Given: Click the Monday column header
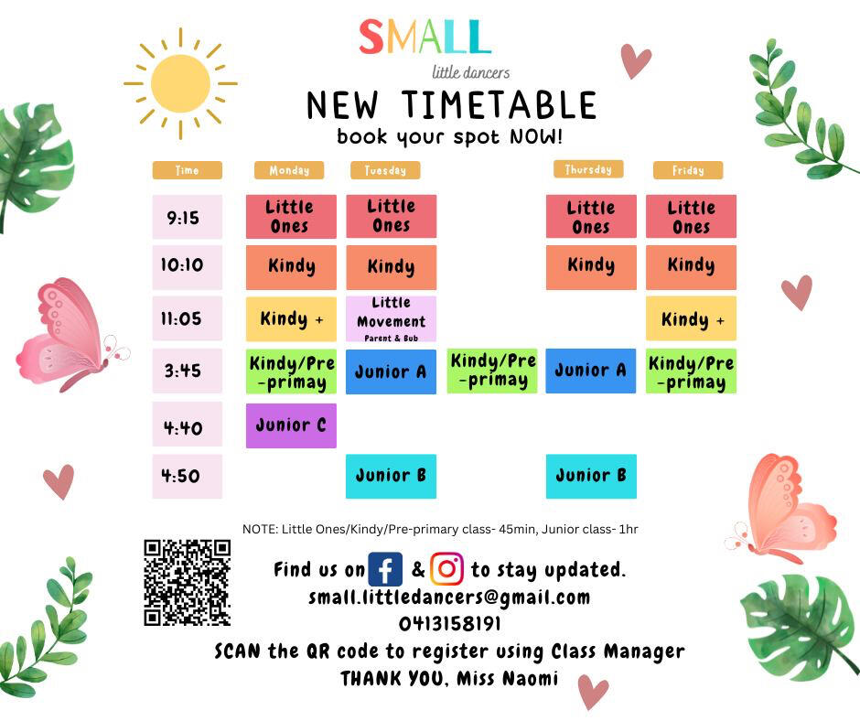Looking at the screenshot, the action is click(289, 170).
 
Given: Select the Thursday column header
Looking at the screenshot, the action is click(588, 169).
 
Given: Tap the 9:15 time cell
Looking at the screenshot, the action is click(187, 217).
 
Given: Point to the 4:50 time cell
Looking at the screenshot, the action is click(187, 477).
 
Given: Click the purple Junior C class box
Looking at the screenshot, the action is click(291, 425).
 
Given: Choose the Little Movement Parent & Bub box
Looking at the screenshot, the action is click(391, 319).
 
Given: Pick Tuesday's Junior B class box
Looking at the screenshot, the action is click(391, 477).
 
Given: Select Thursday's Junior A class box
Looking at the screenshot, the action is click(591, 371).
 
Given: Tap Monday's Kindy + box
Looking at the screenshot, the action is click(291, 318).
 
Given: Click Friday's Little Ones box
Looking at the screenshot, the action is click(691, 216).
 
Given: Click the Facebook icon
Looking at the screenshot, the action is click(385, 569).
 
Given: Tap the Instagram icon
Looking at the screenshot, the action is click(446, 569).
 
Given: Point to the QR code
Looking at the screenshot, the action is click(187, 583).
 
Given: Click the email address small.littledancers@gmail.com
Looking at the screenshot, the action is click(449, 597).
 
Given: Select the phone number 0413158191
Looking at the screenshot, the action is click(450, 623).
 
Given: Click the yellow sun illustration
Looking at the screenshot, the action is click(180, 83).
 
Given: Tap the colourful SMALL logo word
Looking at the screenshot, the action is click(425, 37).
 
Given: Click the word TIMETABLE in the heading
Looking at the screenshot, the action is click(500, 105).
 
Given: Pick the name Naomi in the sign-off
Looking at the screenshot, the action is click(531, 678).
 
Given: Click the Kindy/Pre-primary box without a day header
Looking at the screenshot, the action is click(492, 371).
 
